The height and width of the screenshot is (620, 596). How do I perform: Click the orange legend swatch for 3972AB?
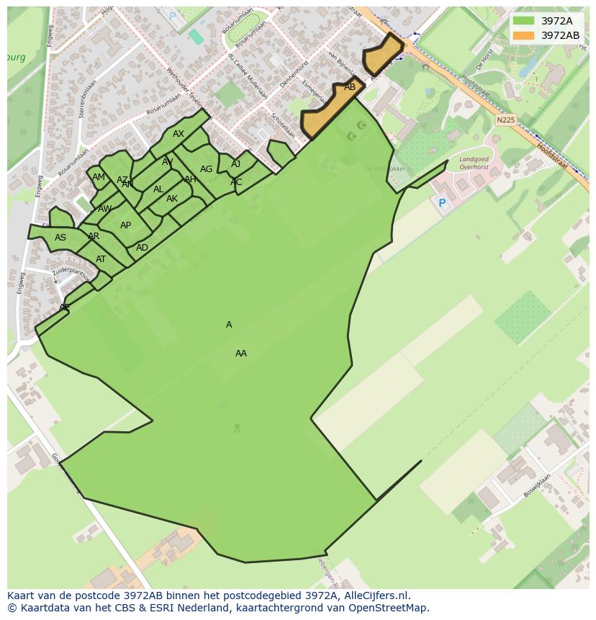tap(523, 35)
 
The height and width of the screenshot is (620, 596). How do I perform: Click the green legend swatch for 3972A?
tap(523, 21)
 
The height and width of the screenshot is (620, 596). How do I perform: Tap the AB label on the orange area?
tap(350, 87)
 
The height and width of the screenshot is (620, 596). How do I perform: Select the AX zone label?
tap(179, 134)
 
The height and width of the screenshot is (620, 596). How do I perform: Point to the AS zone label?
tap(60, 238)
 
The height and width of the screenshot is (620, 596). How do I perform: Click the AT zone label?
tap(101, 259)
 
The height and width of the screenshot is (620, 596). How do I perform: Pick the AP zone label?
tap(126, 225)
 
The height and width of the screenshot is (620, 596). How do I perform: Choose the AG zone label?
tap(207, 169)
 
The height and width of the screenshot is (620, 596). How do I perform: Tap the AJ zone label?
tap(235, 164)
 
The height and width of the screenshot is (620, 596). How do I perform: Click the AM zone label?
tap(99, 177)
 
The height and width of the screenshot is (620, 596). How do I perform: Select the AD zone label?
tap(143, 248)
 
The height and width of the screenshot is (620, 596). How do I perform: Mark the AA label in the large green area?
tap(241, 354)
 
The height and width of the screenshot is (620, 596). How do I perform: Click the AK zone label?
tap(172, 199)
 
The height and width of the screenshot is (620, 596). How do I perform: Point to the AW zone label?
tap(105, 209)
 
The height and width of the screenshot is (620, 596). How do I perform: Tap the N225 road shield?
tap(506, 120)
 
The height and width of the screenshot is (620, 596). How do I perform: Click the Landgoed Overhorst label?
tap(474, 163)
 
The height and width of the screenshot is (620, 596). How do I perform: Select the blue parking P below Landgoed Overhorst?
tap(442, 204)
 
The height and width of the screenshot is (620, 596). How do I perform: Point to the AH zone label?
tap(190, 179)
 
